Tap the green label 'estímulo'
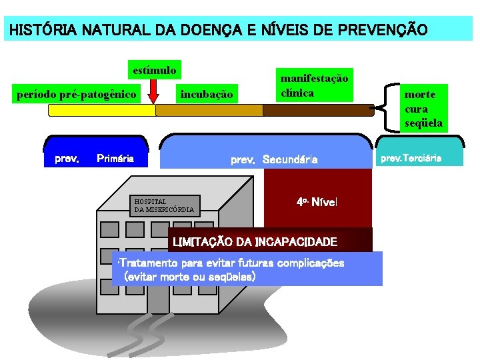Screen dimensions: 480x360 pos(155,70)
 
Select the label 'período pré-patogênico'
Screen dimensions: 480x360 pos(76,95)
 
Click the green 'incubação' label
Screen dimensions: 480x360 pos(207,95)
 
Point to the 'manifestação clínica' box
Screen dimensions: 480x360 pos(314,86)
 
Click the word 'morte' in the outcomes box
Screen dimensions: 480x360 pos(419,95)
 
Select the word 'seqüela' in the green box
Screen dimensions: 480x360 pos(423,123)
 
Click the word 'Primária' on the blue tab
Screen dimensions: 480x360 pos(115,159)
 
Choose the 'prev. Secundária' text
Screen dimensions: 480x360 pos(274,159)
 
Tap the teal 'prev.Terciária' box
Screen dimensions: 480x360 pos(419,159)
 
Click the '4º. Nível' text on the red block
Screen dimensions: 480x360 pos(317,201)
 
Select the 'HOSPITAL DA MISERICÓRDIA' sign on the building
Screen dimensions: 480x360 pos(164,205)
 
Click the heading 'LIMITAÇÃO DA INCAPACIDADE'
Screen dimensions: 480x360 pos(255,241)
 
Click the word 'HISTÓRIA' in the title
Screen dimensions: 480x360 pos(37,30)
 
